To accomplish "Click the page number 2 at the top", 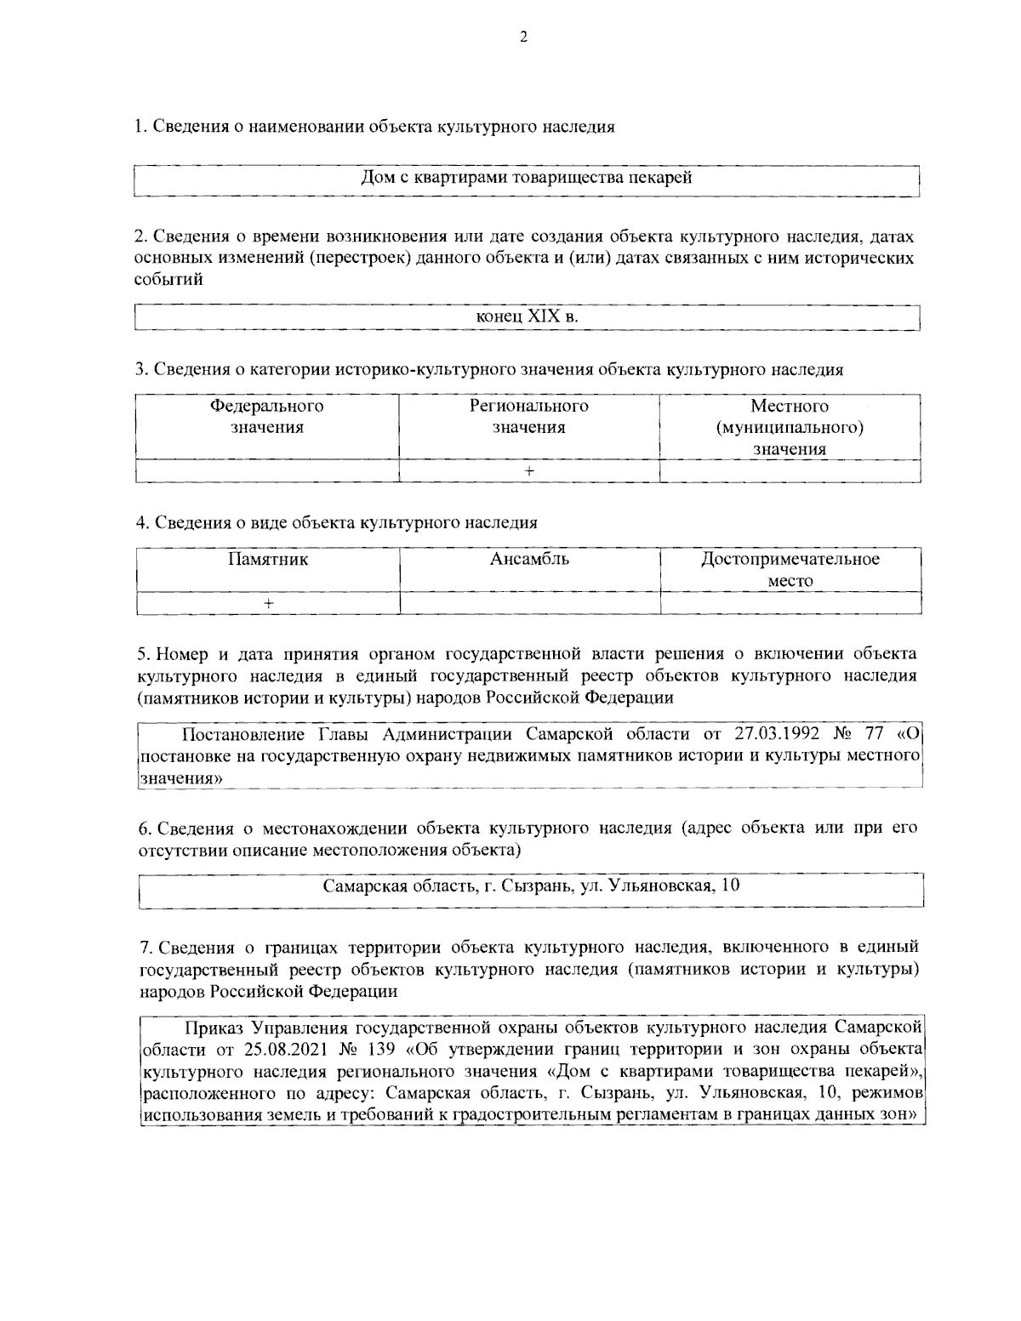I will (x=523, y=37).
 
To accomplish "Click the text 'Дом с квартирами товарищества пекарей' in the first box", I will (x=527, y=178).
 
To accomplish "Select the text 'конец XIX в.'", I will (x=527, y=316).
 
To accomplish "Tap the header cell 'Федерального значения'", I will (x=267, y=417).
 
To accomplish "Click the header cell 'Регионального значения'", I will (x=528, y=417).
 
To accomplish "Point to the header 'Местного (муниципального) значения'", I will (x=790, y=427).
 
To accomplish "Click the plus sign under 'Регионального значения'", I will (x=528, y=471).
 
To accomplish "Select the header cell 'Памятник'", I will (x=267, y=560).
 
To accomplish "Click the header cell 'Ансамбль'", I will (x=529, y=560).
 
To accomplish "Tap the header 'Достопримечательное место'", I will (x=790, y=570).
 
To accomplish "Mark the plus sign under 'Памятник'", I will (x=267, y=603).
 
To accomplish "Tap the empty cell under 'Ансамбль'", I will (x=529, y=603).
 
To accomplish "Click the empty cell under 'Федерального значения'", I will (x=267, y=471).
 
